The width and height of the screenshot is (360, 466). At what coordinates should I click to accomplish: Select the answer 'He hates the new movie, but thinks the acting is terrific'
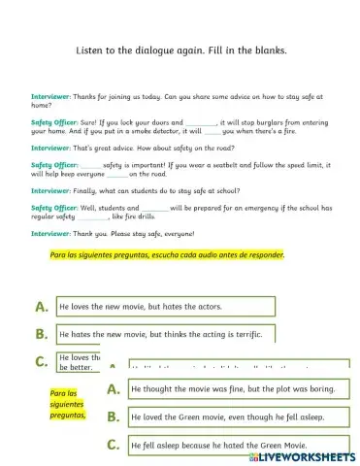tap(165, 333)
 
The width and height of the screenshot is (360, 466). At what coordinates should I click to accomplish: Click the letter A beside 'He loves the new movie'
tap(42, 306)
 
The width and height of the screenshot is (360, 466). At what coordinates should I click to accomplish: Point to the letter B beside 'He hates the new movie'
tap(42, 334)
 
